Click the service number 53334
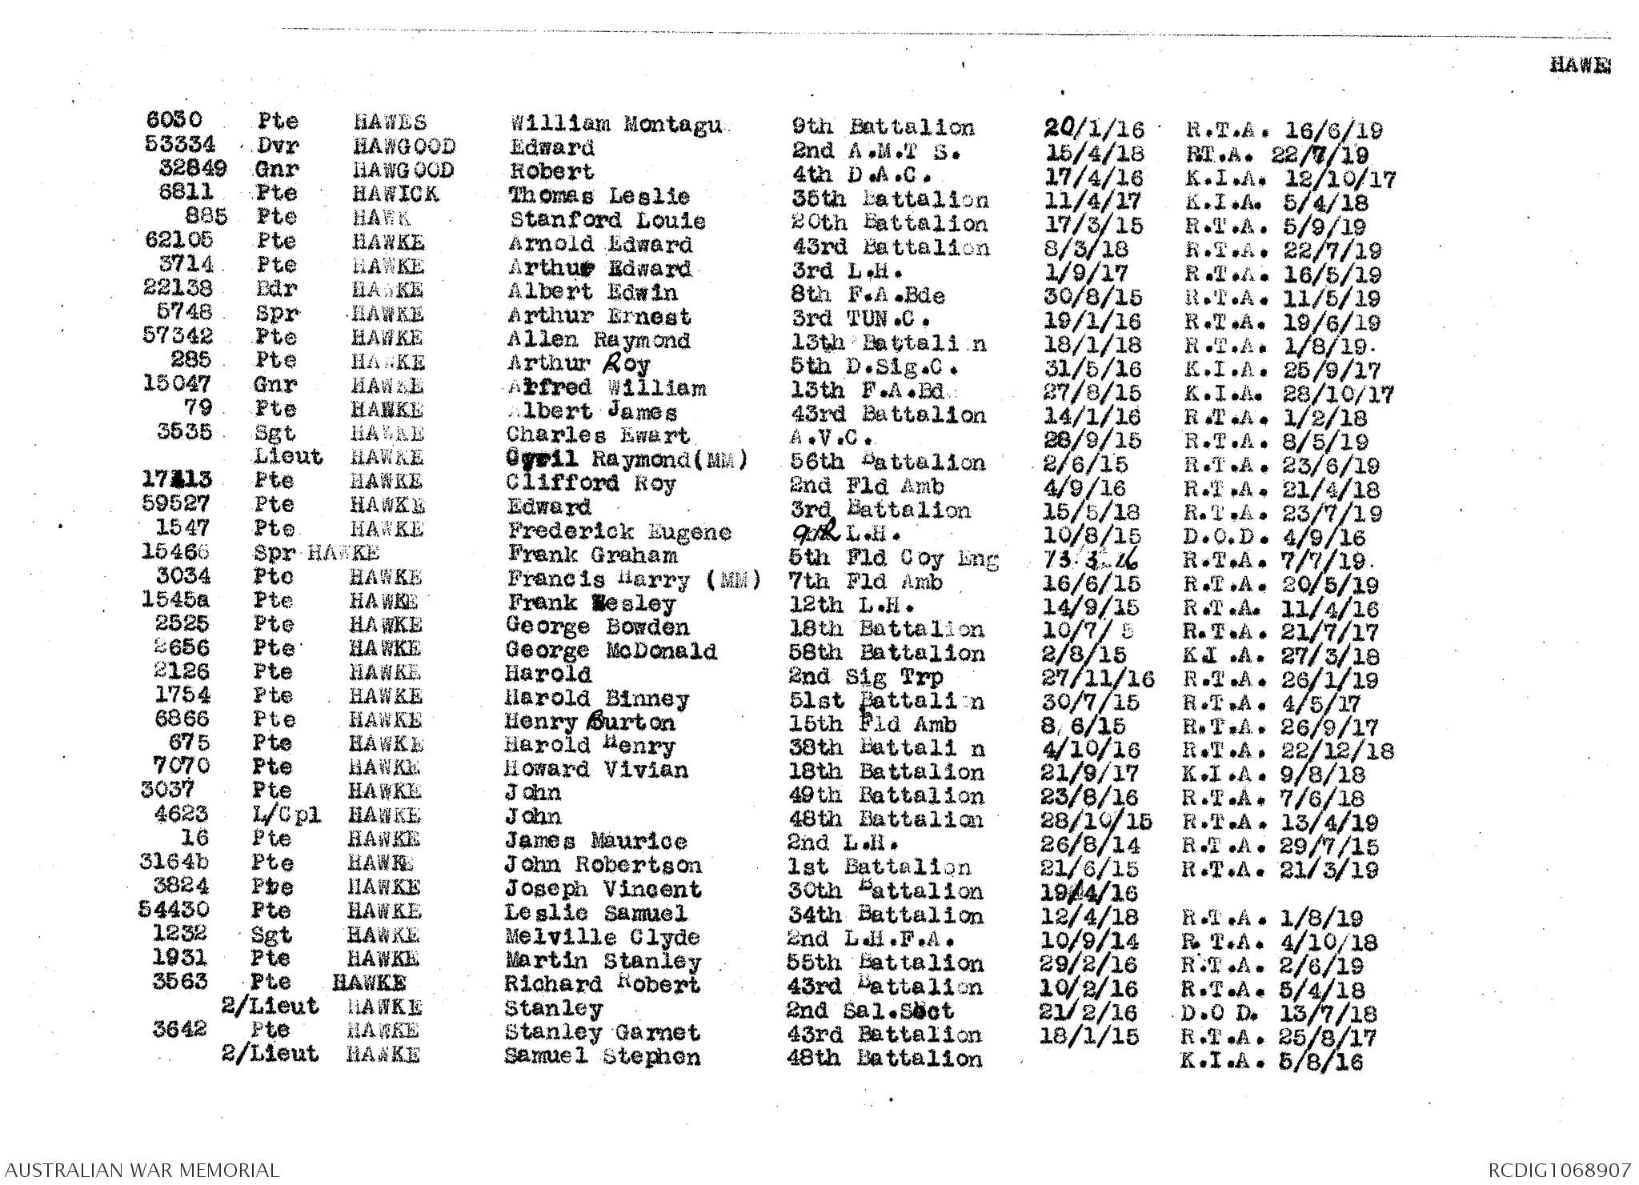tap(181, 144)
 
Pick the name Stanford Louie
tap(607, 220)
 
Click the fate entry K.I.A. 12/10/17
tap(1290, 178)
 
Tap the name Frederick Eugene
tap(619, 531)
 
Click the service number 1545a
tap(177, 599)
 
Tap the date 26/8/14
tap(1090, 844)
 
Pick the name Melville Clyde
tap(602, 937)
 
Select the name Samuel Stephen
tap(602, 1056)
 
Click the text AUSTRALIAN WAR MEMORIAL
tap(140, 1170)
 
